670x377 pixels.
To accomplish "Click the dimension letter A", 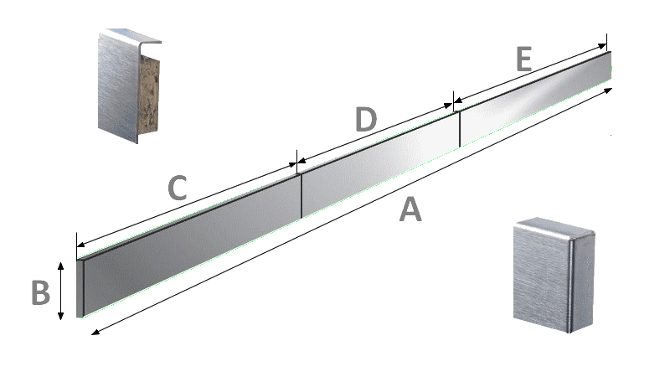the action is [410, 209].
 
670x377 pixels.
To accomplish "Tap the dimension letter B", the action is [41, 292].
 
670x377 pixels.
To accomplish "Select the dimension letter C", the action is [178, 188].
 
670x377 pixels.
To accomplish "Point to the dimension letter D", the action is [366, 119].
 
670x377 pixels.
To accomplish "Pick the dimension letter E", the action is [524, 59].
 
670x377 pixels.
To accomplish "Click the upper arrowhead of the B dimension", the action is [60, 266].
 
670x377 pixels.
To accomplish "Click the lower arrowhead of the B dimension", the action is [60, 316].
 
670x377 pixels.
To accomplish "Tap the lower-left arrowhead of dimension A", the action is [95, 332].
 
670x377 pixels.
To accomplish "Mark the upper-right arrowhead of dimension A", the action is [608, 90].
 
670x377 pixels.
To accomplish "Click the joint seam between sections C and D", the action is [301, 196].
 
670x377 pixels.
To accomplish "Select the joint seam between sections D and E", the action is [459, 129].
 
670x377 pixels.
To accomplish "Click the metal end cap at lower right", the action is [554, 275].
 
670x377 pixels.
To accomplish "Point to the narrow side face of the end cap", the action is [582, 283].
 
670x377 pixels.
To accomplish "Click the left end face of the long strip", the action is [80, 288].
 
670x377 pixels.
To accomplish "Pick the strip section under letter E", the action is [535, 99].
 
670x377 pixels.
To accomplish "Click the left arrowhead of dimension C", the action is [80, 245].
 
